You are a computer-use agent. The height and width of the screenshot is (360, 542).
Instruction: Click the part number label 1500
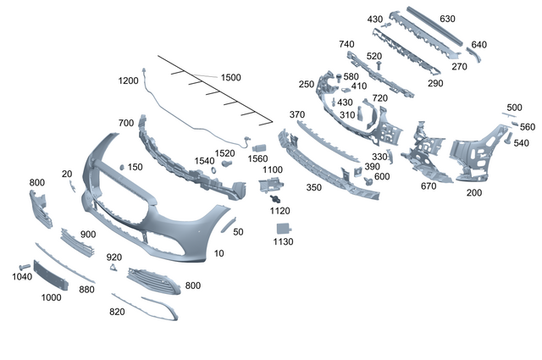(230, 77)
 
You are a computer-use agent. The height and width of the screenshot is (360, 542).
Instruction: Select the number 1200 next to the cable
(128, 80)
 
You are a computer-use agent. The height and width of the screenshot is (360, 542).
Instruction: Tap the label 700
(126, 124)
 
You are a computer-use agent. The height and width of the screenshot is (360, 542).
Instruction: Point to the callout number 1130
(283, 241)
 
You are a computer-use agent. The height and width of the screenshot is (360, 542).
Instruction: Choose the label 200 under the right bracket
(474, 192)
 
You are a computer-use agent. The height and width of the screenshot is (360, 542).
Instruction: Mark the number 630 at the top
(447, 19)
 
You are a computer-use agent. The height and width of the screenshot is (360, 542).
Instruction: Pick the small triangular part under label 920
(112, 269)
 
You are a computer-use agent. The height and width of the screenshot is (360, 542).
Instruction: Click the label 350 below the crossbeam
(313, 187)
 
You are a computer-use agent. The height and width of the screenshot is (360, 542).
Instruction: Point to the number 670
(429, 186)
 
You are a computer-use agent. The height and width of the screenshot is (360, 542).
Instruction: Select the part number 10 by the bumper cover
(219, 253)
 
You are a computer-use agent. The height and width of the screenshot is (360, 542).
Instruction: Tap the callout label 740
(346, 44)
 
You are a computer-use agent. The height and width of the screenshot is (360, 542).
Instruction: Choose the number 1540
(204, 160)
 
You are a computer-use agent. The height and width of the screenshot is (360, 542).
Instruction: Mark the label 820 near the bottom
(117, 312)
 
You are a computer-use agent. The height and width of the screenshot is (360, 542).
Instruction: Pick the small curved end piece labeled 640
(474, 57)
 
